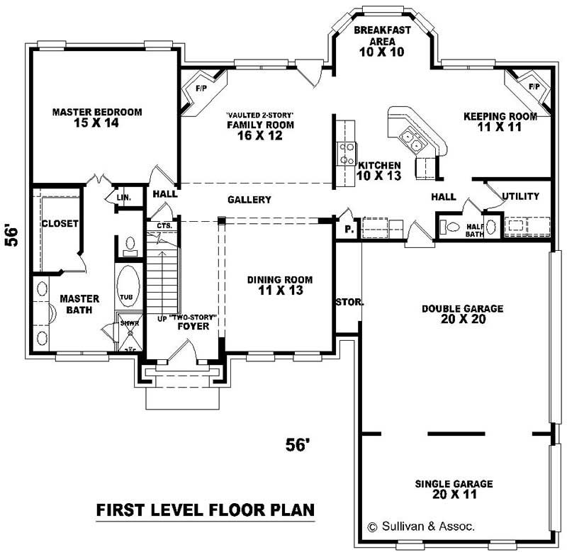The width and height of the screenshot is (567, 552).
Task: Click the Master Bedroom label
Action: tap(97, 117)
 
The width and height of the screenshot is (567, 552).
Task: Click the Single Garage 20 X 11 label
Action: tap(454, 489)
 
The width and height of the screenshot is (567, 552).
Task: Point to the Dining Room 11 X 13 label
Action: tap(279, 285)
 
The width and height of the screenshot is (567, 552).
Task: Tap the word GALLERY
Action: tap(249, 200)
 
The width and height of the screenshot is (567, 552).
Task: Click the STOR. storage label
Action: tap(349, 302)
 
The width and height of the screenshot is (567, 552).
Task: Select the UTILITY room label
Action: tap(520, 196)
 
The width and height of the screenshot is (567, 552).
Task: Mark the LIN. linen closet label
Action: tap(124, 198)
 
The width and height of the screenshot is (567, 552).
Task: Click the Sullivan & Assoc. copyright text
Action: tap(421, 526)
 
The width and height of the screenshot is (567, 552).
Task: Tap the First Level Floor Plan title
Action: tap(206, 509)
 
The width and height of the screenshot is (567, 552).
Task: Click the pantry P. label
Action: tap(349, 230)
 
